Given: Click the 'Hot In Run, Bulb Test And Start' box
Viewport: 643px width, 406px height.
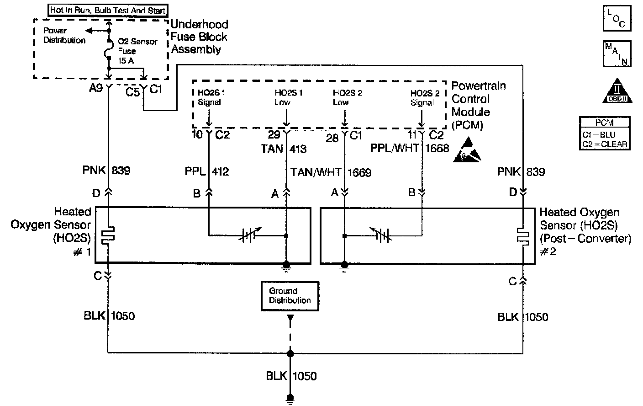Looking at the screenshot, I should pyautogui.click(x=107, y=10).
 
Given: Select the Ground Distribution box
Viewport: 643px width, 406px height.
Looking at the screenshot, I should pyautogui.click(x=290, y=296).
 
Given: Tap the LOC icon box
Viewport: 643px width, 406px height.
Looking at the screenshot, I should pyautogui.click(x=617, y=18).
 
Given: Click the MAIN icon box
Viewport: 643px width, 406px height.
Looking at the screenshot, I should pyautogui.click(x=617, y=54).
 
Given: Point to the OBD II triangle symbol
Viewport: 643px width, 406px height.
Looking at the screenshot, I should pyautogui.click(x=617, y=90).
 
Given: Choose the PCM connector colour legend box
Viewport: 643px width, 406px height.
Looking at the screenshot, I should pyautogui.click(x=605, y=133).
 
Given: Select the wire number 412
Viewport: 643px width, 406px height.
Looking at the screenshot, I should pyautogui.click(x=220, y=171).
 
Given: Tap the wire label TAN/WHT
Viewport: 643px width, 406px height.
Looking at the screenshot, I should pyautogui.click(x=316, y=172).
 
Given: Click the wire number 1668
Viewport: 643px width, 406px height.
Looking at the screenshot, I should pyautogui.click(x=437, y=148).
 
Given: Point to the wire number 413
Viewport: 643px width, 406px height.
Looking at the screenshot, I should pyautogui.click(x=298, y=149).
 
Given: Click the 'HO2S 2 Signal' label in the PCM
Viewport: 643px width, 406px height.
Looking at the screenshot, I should pyautogui.click(x=424, y=98).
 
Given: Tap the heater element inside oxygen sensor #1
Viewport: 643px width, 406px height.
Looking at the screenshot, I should pyautogui.click(x=108, y=235).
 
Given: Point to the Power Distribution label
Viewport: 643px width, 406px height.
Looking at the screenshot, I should pyautogui.click(x=64, y=35).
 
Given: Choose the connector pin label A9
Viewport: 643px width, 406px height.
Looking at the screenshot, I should pyautogui.click(x=96, y=88).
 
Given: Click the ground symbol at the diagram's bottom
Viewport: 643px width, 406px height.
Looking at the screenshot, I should pyautogui.click(x=290, y=399).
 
